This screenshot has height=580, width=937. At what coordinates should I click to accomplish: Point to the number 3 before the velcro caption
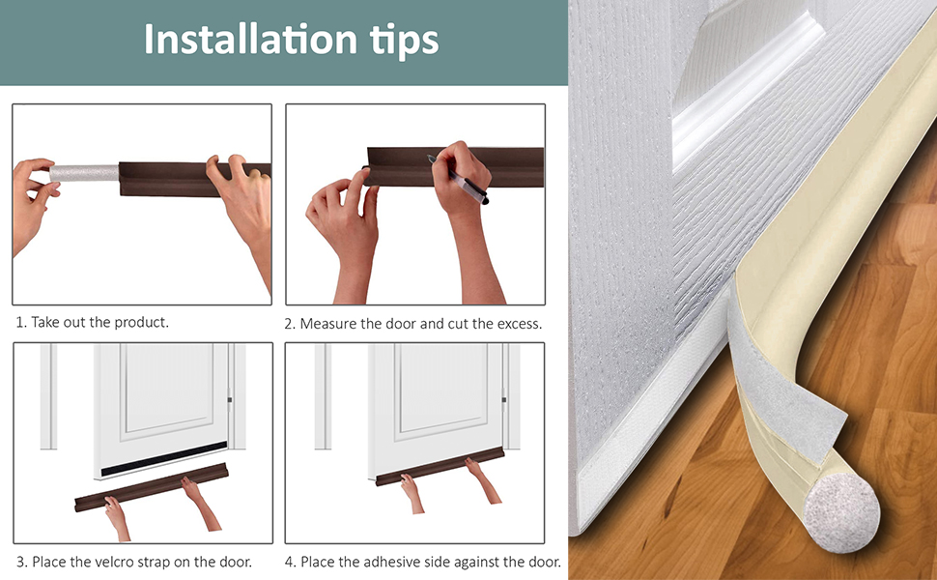click(20, 562)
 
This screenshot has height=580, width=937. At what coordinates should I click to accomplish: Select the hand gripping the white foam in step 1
click(32, 193)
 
